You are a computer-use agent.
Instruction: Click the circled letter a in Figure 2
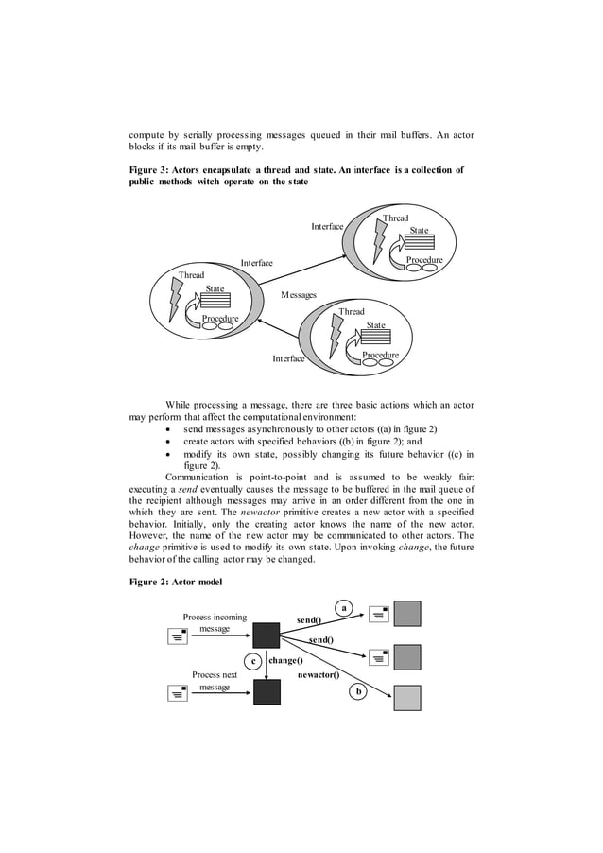coord(345,607)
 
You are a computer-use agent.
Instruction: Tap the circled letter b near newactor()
coord(357,692)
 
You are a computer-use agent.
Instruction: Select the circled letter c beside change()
coord(251,661)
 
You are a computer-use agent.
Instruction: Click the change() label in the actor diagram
coord(285,660)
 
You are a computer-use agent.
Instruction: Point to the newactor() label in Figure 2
coord(319,676)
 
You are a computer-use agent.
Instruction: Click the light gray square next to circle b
coord(407,698)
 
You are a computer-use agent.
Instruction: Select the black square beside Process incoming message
coord(267,635)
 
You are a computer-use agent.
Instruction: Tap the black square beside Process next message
coord(267,692)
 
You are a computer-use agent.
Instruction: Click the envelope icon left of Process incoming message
coord(177,635)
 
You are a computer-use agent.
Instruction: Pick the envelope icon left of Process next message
coord(177,693)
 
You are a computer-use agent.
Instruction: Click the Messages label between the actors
coord(299,295)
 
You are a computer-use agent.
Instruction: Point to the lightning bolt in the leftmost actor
coord(175,300)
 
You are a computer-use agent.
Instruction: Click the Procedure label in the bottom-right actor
coord(380,355)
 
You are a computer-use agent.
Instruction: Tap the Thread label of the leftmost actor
coord(192,275)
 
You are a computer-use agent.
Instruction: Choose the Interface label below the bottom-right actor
coord(288,358)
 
